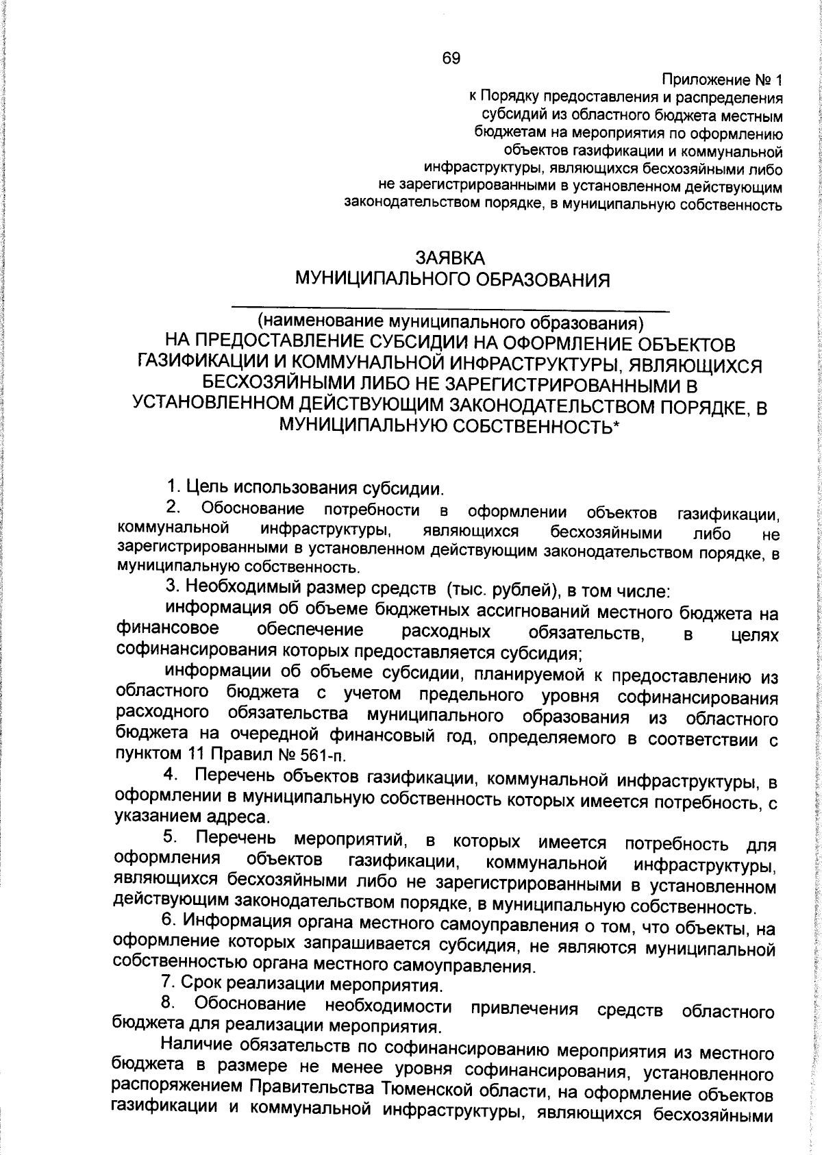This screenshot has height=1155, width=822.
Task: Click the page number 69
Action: pyautogui.click(x=451, y=58)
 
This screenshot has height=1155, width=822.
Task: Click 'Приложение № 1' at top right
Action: pyautogui.click(x=722, y=79)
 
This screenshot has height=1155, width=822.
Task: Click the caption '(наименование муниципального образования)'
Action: pyautogui.click(x=451, y=321)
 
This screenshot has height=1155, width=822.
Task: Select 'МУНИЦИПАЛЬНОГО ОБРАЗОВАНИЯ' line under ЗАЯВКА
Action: pyautogui.click(x=451, y=280)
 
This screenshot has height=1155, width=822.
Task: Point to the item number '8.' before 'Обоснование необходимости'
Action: pyautogui.click(x=169, y=1004)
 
